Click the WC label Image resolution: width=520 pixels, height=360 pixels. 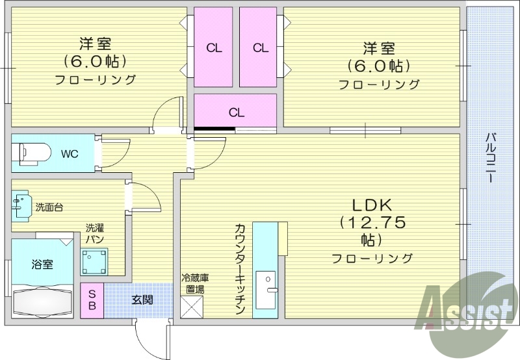[70, 154]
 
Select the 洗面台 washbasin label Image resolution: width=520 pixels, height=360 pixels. [49, 207]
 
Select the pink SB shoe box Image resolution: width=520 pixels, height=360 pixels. [92, 300]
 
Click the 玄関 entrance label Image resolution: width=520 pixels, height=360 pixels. [142, 300]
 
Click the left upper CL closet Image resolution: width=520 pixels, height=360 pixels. [213, 47]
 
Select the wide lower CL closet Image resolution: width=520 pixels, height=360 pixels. [236, 112]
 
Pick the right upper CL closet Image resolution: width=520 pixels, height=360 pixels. [260, 47]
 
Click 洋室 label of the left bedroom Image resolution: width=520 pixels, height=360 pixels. [95, 44]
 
